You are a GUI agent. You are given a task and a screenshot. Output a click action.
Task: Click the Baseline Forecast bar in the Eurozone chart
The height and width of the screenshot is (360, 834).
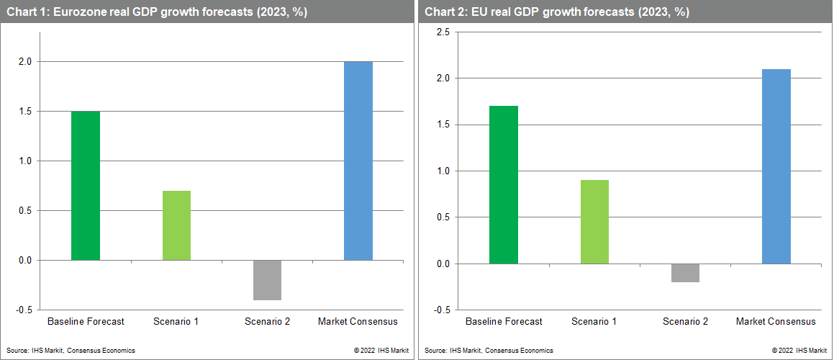86,186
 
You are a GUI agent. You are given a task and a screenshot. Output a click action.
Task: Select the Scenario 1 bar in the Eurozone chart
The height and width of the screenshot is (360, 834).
176,225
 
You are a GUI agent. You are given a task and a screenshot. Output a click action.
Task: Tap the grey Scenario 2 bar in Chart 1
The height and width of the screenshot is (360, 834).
267,280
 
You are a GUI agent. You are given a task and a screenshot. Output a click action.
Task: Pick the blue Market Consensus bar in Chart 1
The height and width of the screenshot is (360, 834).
358,161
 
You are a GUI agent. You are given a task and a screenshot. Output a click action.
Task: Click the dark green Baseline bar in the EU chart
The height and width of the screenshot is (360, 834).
503,185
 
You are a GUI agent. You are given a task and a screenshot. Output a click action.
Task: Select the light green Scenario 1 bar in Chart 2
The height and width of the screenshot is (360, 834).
594,222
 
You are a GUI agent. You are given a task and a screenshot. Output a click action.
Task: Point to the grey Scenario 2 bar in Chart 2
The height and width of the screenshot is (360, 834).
685,273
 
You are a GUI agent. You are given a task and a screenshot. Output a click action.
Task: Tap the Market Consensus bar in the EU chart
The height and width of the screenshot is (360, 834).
776,166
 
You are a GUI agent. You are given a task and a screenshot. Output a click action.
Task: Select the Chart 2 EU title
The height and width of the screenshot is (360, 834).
557,12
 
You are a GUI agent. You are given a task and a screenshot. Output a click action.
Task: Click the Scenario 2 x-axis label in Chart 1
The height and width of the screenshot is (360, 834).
267,321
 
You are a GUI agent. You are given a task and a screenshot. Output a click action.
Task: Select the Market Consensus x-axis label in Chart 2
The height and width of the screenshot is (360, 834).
776,321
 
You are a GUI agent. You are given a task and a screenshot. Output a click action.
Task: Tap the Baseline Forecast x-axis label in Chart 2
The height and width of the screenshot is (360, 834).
504,321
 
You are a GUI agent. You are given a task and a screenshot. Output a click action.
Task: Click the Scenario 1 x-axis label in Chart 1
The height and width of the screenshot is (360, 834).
176,321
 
